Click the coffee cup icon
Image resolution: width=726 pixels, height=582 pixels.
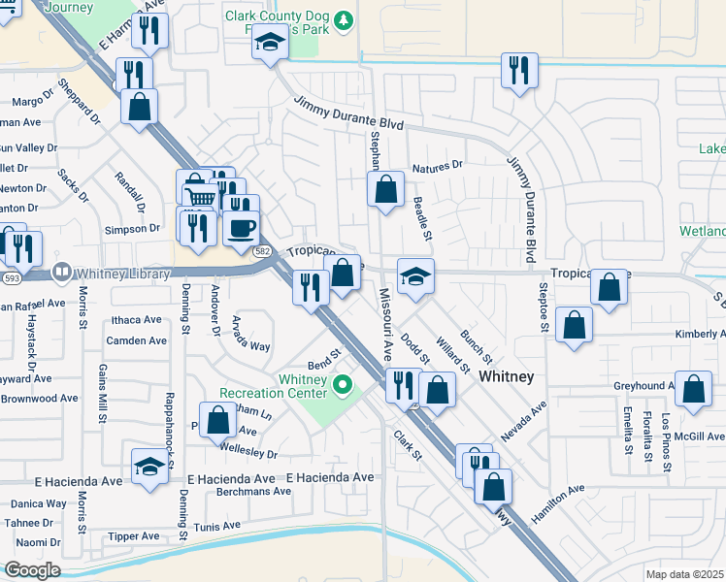pos(241,228)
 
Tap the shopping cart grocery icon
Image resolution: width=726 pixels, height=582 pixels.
pos(196,195)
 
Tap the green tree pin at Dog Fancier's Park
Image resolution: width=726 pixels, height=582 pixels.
pos(342,20)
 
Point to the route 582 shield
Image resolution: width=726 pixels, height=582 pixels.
pos(262,250)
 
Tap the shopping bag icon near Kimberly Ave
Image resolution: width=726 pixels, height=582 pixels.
pos(575,325)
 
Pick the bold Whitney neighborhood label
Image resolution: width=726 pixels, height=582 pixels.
pos(508,376)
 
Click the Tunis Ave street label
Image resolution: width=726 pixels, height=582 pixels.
pos(216,526)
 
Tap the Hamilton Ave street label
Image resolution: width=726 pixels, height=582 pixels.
pos(558,495)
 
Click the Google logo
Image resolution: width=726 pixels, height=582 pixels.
pos(32,570)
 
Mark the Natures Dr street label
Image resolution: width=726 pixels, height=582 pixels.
pos(437,167)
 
